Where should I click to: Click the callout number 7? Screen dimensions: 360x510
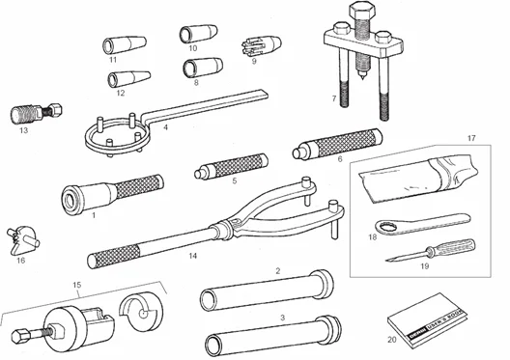pos(332,98)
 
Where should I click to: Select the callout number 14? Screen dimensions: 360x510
pos(193,257)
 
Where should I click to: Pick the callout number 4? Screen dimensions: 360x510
pos(166,125)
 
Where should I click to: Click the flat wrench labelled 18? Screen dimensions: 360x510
pos(419,223)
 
